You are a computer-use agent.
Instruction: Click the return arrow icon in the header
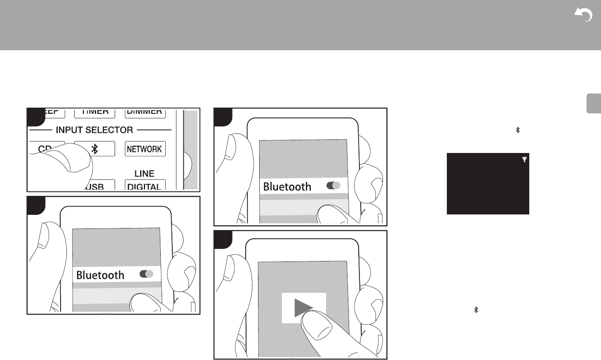584,15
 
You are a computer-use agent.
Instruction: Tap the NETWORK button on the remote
145,149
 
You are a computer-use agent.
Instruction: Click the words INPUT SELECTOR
94,130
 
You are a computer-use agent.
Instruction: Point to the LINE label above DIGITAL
144,174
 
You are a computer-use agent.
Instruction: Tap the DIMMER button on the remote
144,112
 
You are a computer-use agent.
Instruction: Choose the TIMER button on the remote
95,112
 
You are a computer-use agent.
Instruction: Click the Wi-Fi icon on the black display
525,159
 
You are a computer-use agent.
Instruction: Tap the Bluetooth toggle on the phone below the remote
147,274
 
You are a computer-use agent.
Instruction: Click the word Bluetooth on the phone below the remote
100,275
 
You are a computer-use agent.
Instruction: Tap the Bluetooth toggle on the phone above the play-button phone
333,186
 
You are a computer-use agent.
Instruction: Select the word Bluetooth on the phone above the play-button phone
287,187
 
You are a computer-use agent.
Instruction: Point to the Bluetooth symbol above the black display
518,130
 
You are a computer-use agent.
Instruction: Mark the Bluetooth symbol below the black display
476,310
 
